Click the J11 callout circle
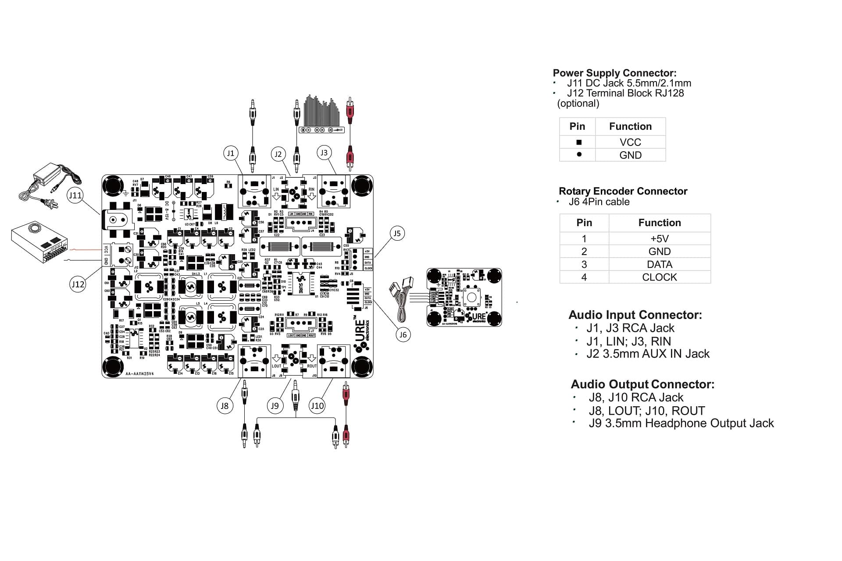point(75,195)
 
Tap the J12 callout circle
point(78,284)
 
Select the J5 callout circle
point(396,233)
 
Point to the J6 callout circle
point(403,335)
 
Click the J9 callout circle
point(275,405)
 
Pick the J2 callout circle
point(278,154)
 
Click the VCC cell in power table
point(630,142)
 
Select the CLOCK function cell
point(659,277)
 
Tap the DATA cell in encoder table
point(659,264)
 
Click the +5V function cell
point(659,239)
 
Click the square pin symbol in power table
point(579,142)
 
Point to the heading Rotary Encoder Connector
point(623,191)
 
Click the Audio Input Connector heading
point(635,315)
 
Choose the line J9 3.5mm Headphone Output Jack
point(681,423)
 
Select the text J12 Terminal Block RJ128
point(625,93)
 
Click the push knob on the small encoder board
point(471,297)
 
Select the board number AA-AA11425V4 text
point(139,374)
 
